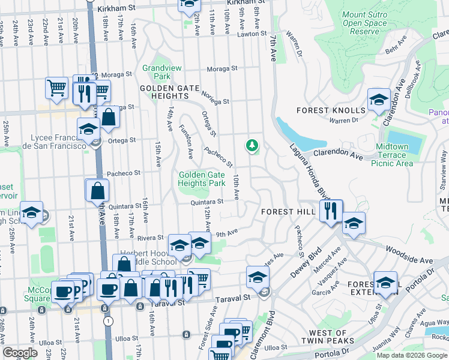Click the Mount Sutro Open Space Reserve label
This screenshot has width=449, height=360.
[x=364, y=22]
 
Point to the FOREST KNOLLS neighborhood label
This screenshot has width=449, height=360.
[x=330, y=110]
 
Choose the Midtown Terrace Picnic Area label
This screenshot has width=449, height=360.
[x=392, y=155]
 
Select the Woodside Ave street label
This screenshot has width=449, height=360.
[x=409, y=254]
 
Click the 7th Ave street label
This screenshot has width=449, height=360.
[x=273, y=48]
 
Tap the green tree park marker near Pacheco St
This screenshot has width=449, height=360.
[x=252, y=145]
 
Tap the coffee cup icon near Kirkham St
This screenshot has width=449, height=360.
[x=188, y=5]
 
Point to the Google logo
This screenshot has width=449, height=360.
[x=20, y=352]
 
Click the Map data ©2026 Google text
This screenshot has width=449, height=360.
[x=411, y=355]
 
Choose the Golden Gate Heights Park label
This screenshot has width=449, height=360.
[x=202, y=179]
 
